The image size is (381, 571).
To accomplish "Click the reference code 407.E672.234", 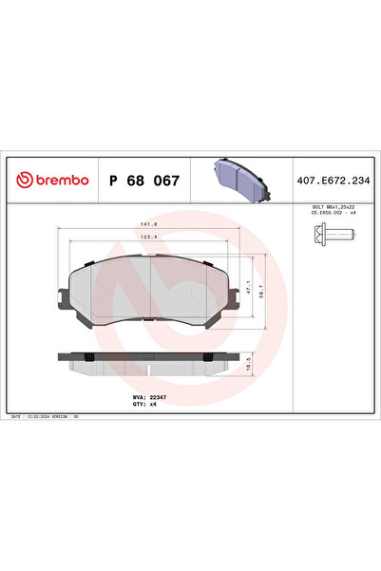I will point(333,179).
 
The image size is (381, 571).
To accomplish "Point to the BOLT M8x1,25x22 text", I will point(333,205).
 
